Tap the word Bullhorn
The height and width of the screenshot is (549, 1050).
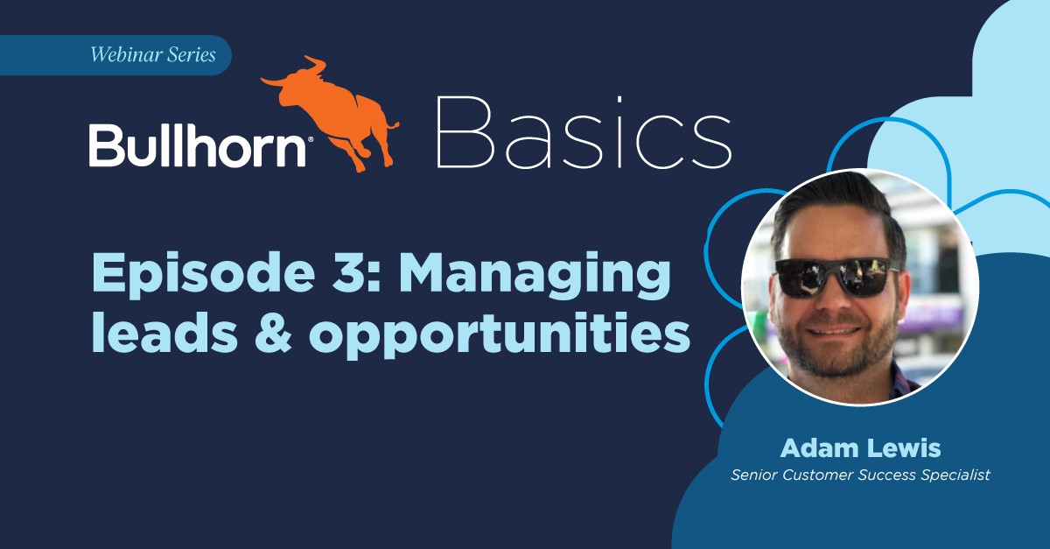click(198, 145)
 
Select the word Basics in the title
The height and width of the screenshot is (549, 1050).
click(584, 132)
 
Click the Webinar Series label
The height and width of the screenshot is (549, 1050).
click(153, 55)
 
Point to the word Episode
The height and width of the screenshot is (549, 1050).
click(203, 273)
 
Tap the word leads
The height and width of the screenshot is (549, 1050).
click(164, 331)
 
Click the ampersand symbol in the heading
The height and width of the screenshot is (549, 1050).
click(273, 332)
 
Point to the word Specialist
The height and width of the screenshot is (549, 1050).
click(955, 475)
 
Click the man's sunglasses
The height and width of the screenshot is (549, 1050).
click(837, 278)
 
